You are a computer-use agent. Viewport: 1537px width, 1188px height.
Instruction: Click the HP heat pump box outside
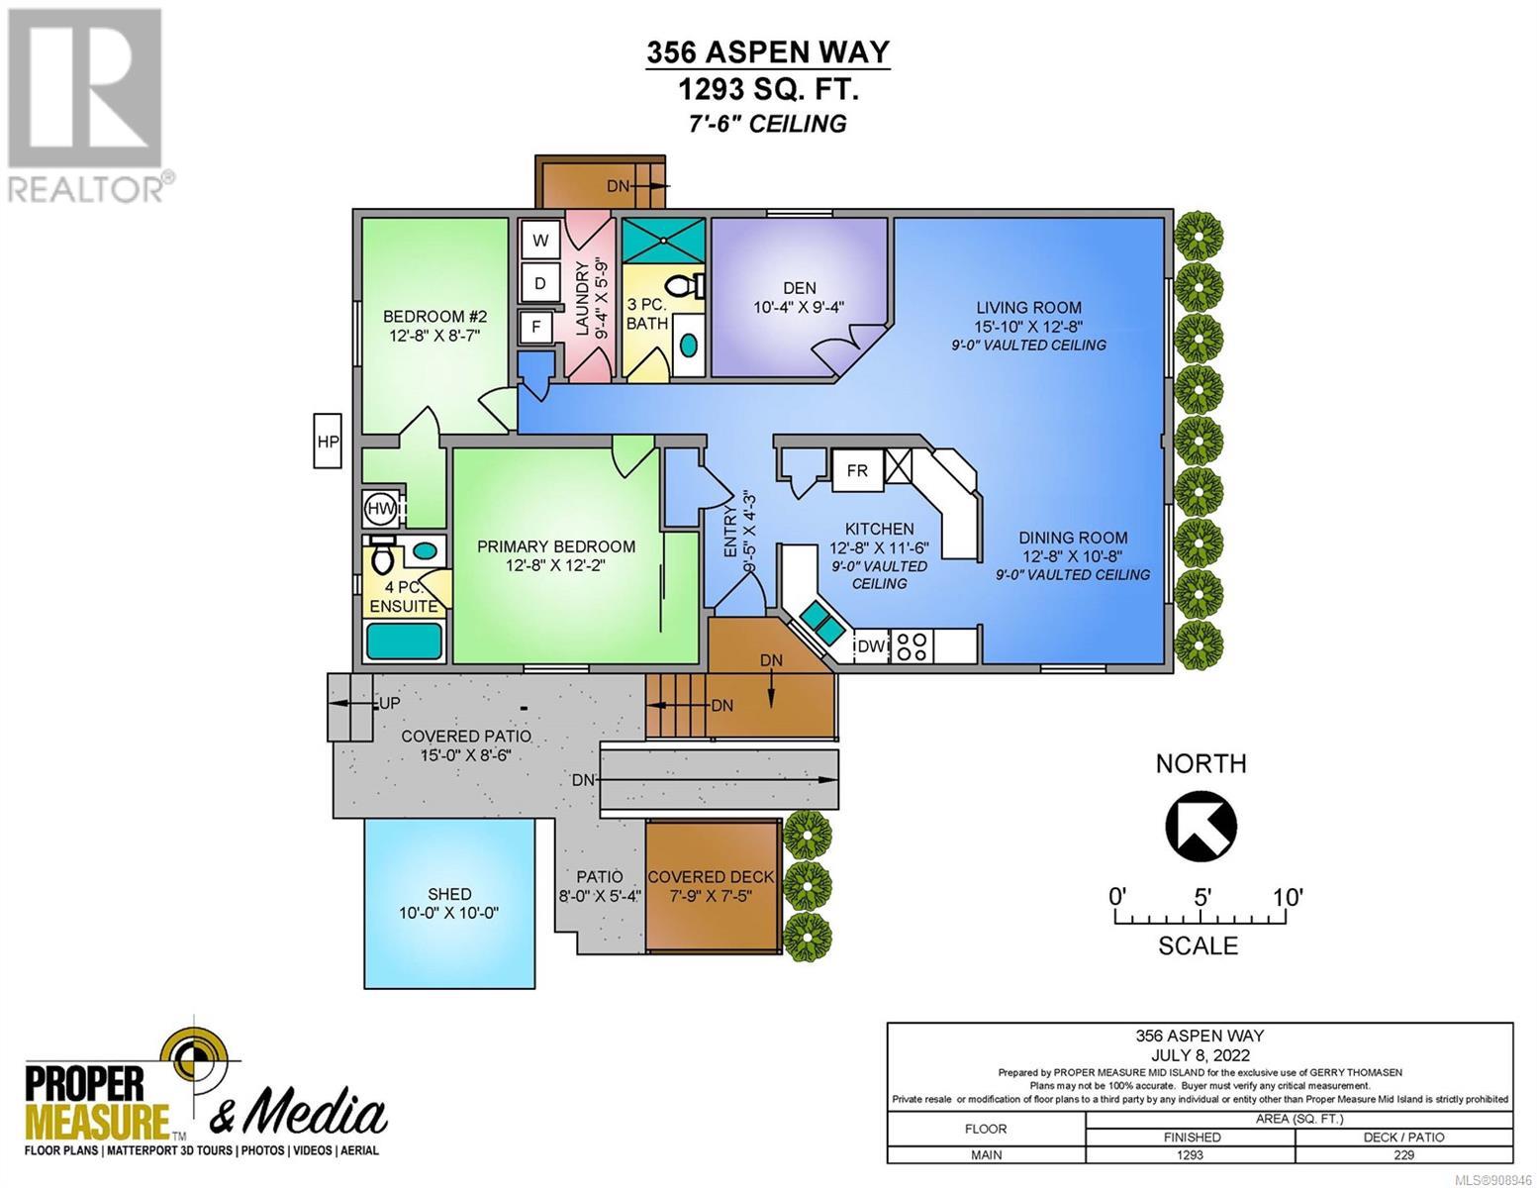pyautogui.click(x=328, y=441)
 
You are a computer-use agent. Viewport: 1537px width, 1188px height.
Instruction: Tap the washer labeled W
pyautogui.click(x=540, y=240)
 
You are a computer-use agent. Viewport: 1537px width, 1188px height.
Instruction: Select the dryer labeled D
pyautogui.click(x=540, y=283)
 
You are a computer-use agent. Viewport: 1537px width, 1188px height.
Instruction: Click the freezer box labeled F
pyautogui.click(x=536, y=327)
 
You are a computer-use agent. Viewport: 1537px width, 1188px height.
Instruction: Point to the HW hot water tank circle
pyautogui.click(x=380, y=507)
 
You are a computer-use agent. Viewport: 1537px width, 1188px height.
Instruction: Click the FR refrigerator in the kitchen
pyautogui.click(x=856, y=470)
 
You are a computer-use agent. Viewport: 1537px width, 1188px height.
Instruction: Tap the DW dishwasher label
pyautogui.click(x=871, y=646)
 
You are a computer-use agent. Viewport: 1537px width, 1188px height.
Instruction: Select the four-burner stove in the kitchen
pyautogui.click(x=912, y=646)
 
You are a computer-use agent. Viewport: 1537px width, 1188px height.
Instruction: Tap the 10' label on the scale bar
pyautogui.click(x=1288, y=898)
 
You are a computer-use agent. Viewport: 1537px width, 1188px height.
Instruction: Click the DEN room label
pyautogui.click(x=800, y=288)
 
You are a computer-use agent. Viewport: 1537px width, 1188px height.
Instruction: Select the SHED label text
pyautogui.click(x=449, y=894)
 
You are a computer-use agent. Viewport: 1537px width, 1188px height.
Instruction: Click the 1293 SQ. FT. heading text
pyautogui.click(x=769, y=89)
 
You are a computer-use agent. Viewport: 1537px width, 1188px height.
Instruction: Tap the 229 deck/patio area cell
pyautogui.click(x=1403, y=1154)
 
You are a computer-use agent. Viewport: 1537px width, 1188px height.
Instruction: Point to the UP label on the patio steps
pyautogui.click(x=389, y=703)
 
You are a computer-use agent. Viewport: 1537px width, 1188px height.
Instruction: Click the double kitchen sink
pyautogui.click(x=821, y=621)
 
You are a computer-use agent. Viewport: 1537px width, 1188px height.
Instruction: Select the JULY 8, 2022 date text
pyautogui.click(x=1200, y=1055)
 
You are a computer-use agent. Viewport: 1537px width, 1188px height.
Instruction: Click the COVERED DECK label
pyautogui.click(x=711, y=877)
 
